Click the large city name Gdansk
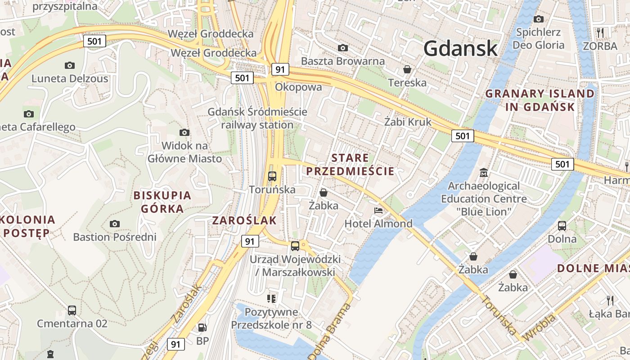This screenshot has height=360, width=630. (460, 48)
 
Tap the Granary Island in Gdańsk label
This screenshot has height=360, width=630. (540, 100)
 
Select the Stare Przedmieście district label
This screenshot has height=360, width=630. (350, 164)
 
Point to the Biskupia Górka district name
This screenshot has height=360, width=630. (162, 202)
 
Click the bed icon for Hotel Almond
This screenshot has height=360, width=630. (378, 210)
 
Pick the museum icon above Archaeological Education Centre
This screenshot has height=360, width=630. (484, 172)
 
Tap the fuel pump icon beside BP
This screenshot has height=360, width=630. (202, 328)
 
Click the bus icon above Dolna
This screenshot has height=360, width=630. (562, 225)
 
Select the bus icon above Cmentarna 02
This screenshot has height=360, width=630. (72, 310)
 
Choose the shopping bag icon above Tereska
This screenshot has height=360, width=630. (407, 69)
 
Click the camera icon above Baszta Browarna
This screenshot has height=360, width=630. (343, 48)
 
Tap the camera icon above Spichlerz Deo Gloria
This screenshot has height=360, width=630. (538, 19)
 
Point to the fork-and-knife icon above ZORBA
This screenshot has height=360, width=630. (600, 32)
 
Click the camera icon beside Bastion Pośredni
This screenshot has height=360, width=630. (115, 224)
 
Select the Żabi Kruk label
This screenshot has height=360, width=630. (408, 121)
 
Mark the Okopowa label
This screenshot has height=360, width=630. (298, 87)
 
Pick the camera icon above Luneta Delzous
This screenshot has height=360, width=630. (69, 65)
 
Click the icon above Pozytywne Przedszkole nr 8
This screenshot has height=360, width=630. (271, 298)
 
